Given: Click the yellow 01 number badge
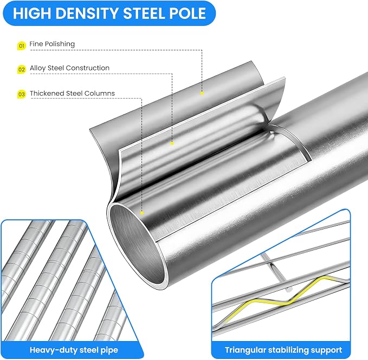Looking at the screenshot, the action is tap(21, 45).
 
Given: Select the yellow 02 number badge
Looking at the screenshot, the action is tap(21, 69).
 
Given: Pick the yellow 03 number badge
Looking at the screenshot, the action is tap(21, 94).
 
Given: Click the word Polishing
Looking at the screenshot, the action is tap(60, 44).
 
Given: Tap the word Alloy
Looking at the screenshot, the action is tap(37, 68).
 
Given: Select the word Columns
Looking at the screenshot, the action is tap(100, 93).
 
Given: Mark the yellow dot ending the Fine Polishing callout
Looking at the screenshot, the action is tap(202, 93).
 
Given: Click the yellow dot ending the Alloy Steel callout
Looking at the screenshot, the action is tap(172, 143).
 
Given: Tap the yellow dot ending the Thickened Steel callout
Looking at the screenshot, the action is tap(142, 213).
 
